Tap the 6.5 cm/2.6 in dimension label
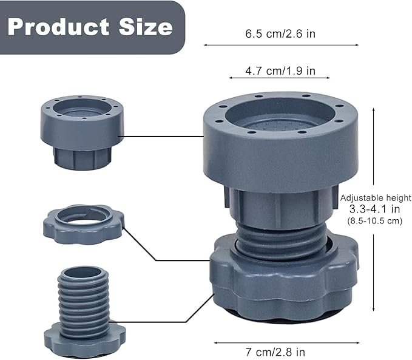pos(280,34)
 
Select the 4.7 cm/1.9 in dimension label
pos(280,70)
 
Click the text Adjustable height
pos(376,198)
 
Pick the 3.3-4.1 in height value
pos(375,209)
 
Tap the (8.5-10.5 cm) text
pos(375,221)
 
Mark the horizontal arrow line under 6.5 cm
pos(280,45)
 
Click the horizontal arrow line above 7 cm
pos(281,342)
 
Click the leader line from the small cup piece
pos(164,136)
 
